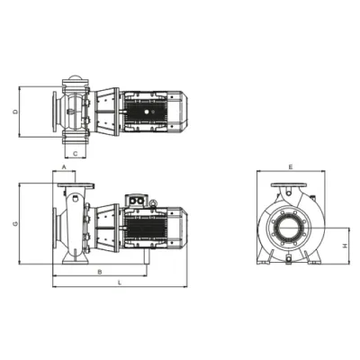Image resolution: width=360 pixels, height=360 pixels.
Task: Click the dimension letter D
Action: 16,112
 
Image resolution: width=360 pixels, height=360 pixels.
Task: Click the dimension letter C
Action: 76,154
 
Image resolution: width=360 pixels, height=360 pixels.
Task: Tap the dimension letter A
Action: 64,166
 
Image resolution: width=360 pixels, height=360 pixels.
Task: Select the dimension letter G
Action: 15,223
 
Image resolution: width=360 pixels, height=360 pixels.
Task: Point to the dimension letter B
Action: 100,272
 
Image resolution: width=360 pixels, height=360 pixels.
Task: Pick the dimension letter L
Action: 120,283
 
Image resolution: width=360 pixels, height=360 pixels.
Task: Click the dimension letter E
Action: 290,166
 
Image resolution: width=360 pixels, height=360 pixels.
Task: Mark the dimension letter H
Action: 346,246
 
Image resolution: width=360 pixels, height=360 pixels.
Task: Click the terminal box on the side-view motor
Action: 137,201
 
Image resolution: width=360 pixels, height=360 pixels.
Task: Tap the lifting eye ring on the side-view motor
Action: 153,203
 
